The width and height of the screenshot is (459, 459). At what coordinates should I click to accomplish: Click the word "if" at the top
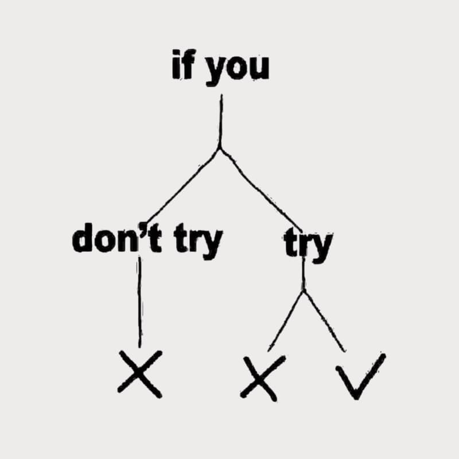tap(182, 64)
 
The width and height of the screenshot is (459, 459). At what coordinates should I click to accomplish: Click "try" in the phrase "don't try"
tap(198, 242)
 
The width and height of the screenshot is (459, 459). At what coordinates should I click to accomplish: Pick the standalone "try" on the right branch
tap(308, 246)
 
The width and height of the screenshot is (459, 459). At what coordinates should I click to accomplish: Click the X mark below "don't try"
tap(139, 374)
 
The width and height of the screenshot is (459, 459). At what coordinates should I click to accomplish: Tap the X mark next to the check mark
tap(262, 378)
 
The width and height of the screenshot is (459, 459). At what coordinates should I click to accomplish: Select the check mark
tap(361, 376)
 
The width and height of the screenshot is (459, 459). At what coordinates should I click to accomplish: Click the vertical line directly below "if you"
tap(221, 121)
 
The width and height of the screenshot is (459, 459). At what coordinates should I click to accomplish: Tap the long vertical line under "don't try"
tap(139, 302)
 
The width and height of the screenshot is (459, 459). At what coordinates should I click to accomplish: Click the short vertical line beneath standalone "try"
tap(304, 275)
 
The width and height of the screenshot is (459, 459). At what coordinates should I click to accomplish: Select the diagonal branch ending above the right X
tap(286, 321)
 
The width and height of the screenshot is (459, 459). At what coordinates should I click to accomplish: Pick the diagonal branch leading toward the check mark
tap(325, 321)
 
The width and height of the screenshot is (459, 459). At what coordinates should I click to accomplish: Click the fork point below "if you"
tap(220, 149)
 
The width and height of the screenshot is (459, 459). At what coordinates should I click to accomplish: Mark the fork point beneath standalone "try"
tap(304, 291)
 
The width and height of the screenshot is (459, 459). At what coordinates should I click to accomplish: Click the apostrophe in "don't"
tap(142, 227)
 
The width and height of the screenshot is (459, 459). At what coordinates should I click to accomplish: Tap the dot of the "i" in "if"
tap(177, 53)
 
